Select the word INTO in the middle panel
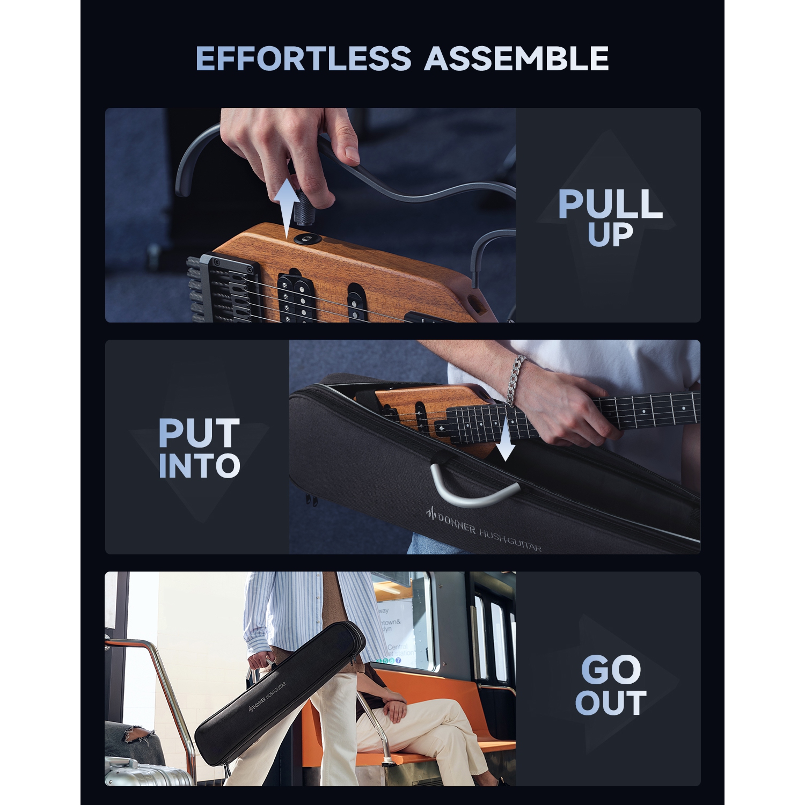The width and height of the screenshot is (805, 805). [199, 466]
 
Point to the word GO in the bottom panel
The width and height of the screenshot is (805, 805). [611, 669]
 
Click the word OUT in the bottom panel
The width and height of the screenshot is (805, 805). [611, 703]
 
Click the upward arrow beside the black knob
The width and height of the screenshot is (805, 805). [288, 207]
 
